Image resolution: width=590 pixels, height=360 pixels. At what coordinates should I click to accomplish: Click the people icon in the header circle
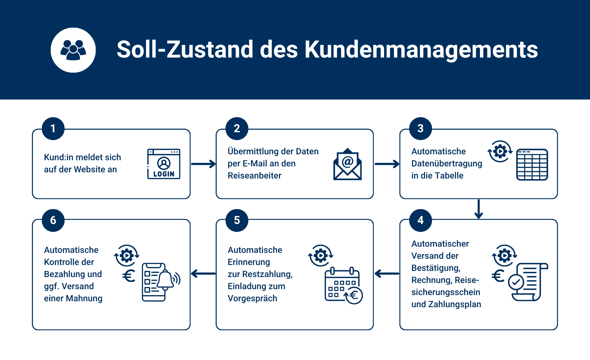click(x=73, y=50)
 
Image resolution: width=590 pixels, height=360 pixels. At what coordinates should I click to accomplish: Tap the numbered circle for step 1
click(x=53, y=129)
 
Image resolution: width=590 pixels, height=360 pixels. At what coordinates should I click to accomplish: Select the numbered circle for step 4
click(x=421, y=220)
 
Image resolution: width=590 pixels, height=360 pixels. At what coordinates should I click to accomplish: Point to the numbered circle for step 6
click(x=53, y=220)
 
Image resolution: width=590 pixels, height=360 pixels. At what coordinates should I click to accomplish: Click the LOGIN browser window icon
click(x=164, y=164)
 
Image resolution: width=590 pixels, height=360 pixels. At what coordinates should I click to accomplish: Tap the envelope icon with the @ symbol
click(x=348, y=164)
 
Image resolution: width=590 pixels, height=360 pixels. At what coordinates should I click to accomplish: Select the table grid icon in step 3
click(x=532, y=165)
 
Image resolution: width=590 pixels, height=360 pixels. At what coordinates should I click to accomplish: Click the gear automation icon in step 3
click(x=500, y=151)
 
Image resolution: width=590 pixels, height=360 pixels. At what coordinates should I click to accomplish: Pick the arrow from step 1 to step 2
click(x=203, y=164)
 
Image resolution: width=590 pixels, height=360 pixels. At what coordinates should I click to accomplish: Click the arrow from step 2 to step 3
click(x=387, y=164)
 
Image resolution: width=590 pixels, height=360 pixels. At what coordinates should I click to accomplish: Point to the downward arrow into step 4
click(x=478, y=209)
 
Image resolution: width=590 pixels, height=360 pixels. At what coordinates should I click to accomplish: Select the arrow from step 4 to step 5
click(x=387, y=274)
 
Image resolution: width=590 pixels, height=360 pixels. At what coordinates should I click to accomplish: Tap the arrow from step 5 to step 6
click(x=203, y=274)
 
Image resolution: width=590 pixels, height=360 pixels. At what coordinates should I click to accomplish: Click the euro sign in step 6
click(x=129, y=276)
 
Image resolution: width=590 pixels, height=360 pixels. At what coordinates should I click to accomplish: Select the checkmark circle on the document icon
click(x=516, y=282)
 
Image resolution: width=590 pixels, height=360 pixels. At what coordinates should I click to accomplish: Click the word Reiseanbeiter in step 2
click(x=255, y=176)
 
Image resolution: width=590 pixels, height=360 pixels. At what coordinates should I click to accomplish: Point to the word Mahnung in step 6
click(x=84, y=298)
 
